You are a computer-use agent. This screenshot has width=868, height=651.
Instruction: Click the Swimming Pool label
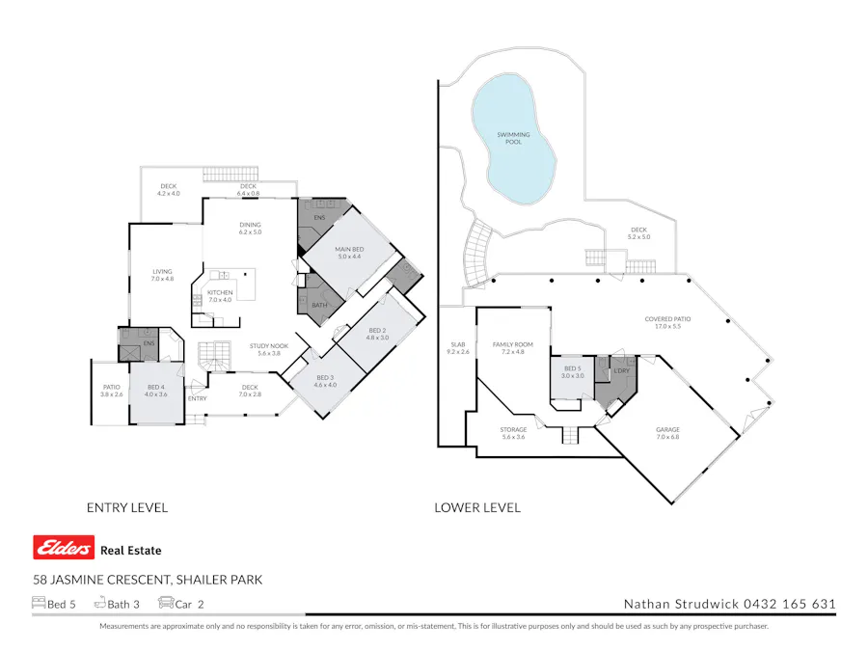(x=513, y=138)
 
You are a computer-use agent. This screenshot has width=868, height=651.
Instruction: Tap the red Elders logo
(x=65, y=549)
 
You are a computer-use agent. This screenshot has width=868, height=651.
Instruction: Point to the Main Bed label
(x=348, y=253)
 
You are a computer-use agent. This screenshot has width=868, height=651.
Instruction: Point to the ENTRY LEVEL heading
(x=127, y=507)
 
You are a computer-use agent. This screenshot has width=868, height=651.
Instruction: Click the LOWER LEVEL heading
(x=477, y=507)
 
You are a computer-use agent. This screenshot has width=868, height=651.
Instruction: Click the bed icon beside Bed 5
(x=39, y=604)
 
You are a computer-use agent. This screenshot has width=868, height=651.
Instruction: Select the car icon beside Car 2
(x=165, y=604)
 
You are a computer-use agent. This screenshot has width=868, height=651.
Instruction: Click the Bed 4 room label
(x=155, y=390)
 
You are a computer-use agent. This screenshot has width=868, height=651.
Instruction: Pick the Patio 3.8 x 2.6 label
(x=113, y=391)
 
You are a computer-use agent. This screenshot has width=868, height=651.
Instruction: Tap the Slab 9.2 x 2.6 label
(x=458, y=348)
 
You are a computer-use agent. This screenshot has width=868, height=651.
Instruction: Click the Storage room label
(x=513, y=433)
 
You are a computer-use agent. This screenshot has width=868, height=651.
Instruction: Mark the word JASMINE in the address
(x=81, y=580)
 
